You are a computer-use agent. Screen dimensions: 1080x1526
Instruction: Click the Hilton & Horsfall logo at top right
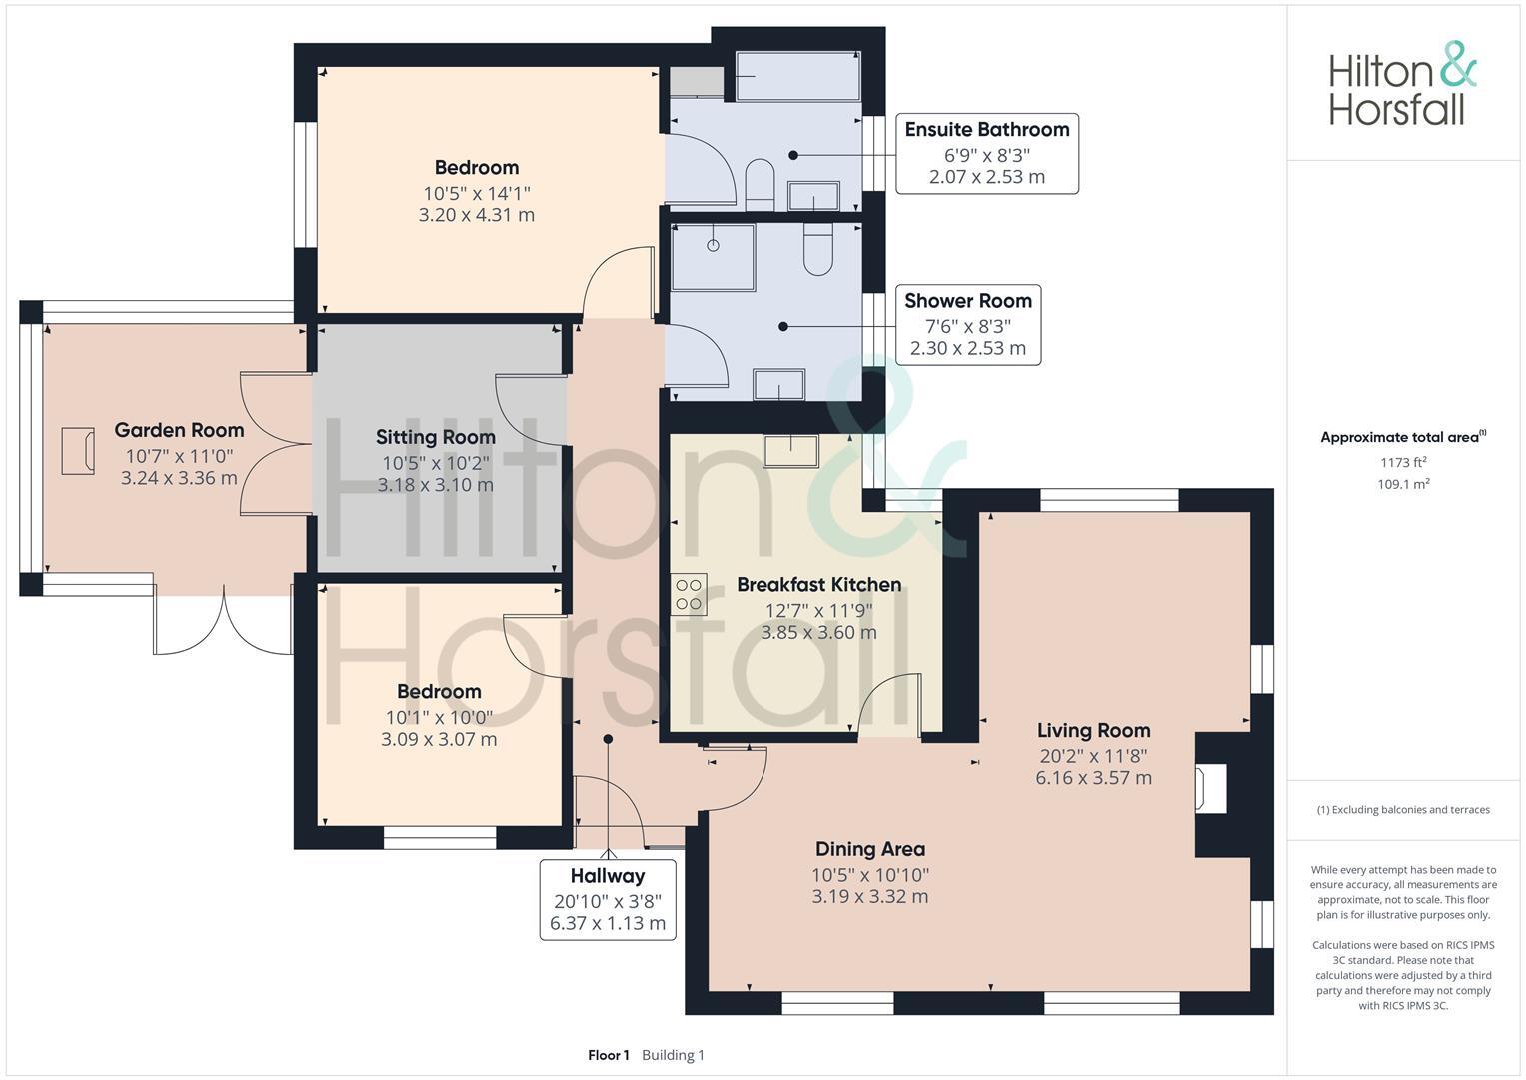(x=1401, y=84)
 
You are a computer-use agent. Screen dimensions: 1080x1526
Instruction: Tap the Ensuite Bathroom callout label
(x=986, y=153)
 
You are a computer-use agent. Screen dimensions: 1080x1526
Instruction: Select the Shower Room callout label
(x=967, y=325)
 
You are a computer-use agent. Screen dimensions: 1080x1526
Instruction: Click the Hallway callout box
(x=608, y=899)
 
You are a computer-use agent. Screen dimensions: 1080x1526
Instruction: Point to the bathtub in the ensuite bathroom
(x=797, y=77)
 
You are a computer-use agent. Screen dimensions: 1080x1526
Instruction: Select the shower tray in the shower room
(x=713, y=257)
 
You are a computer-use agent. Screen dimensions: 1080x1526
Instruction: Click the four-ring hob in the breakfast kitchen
(x=690, y=594)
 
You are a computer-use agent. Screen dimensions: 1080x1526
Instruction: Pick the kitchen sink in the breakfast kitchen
(x=791, y=451)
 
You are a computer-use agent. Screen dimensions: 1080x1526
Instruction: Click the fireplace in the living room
(x=1211, y=788)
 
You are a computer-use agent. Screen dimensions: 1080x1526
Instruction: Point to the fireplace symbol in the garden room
(x=77, y=450)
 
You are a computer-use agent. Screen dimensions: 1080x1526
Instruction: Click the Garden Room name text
(x=179, y=430)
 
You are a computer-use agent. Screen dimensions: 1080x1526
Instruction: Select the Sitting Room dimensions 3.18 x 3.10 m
(x=435, y=485)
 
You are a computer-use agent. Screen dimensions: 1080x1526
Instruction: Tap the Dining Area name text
(x=869, y=849)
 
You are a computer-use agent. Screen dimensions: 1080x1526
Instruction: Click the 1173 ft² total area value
(x=1403, y=462)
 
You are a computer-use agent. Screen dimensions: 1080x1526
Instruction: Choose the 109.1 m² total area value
(x=1403, y=484)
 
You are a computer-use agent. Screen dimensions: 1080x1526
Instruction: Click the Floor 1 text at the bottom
(x=608, y=1055)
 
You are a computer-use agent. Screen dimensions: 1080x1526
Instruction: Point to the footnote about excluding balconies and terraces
(x=1403, y=810)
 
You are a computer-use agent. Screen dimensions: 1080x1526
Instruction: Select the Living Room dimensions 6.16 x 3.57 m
(x=1093, y=778)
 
